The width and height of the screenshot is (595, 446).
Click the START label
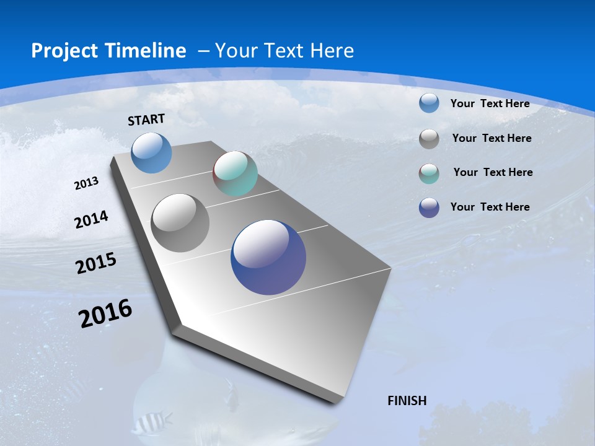(146, 119)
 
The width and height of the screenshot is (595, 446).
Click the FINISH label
(407, 401)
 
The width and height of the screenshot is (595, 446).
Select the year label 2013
(86, 183)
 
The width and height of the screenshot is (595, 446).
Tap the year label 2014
(91, 219)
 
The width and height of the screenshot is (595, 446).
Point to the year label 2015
(96, 263)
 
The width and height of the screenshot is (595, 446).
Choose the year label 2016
(105, 313)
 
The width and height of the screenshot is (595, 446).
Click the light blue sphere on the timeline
(151, 152)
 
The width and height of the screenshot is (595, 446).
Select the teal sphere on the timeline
(235, 173)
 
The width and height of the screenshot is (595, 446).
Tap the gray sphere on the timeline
(180, 223)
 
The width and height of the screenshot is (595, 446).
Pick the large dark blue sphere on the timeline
(268, 257)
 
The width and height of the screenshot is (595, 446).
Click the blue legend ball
(429, 103)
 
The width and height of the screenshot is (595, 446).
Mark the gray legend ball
(429, 139)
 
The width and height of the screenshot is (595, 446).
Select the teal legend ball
(429, 173)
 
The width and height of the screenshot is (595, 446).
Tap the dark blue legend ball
(429, 208)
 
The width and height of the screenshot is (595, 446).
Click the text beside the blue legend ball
(490, 103)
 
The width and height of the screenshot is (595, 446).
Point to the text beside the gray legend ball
(491, 138)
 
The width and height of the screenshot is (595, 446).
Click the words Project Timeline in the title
(108, 51)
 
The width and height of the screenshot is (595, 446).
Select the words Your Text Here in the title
(284, 51)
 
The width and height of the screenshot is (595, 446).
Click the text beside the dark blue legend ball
(490, 207)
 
